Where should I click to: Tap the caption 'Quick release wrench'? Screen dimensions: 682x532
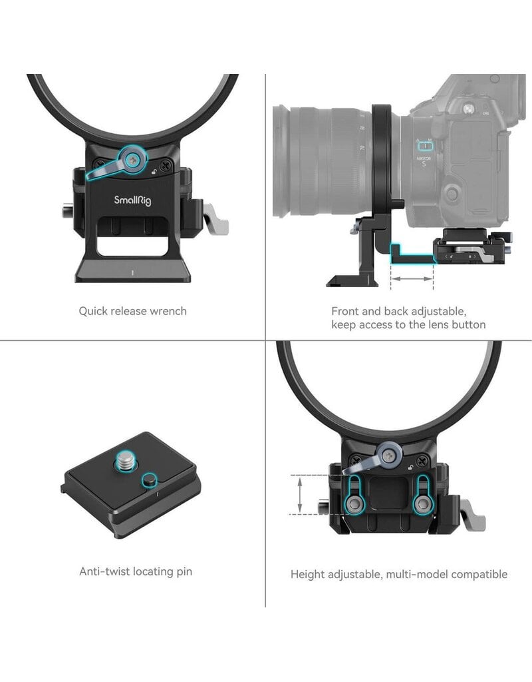(132, 311)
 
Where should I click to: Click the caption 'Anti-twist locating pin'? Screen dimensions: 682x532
(136, 571)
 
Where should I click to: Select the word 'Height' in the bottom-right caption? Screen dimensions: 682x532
(307, 574)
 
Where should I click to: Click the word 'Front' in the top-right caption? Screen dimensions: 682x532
(346, 311)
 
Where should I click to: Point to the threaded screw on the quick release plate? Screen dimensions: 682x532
(123, 462)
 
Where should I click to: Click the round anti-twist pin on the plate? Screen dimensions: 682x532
(150, 480)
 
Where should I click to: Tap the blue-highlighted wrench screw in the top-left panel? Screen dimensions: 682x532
(134, 159)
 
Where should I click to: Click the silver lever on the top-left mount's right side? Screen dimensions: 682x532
(215, 220)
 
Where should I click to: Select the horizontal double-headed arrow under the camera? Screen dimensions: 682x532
(412, 278)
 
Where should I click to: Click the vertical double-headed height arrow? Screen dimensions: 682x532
(300, 494)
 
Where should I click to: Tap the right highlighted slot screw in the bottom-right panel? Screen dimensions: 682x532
(422, 504)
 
